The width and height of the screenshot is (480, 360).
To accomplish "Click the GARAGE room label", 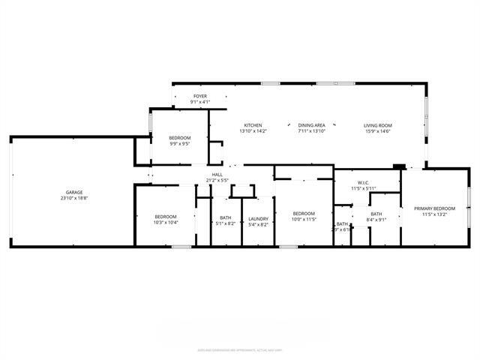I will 73,193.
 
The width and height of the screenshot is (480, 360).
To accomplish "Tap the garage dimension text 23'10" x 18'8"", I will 73,199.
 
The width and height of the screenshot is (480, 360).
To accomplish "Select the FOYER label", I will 200,96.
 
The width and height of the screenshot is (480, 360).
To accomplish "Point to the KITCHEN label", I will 253,125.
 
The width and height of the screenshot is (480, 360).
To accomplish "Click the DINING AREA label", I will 311,125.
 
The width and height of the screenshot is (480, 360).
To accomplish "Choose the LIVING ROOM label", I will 378,125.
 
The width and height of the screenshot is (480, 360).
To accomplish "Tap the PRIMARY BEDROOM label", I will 435,208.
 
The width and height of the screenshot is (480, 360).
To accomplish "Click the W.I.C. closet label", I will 364,182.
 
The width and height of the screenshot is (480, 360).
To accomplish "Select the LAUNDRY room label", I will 258,218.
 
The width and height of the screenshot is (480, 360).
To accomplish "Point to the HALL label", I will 217,175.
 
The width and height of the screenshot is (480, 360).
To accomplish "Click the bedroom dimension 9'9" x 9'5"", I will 179,144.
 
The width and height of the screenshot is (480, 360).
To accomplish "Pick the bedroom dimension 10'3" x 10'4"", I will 165,223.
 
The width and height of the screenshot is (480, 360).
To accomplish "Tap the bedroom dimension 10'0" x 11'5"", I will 303,219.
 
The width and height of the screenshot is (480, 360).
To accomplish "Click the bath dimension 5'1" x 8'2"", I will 225,224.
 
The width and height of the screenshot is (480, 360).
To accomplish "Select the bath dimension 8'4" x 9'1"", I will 376,220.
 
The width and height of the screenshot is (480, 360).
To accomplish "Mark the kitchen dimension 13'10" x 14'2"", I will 253,131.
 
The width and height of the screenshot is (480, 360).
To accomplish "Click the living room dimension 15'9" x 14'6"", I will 378,131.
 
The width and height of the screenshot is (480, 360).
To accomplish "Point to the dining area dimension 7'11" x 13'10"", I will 311,131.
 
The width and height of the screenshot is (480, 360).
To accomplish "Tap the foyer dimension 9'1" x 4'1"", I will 200,102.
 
